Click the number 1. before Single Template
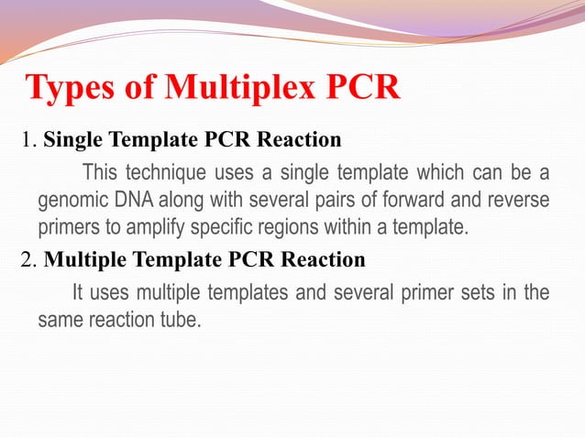[x=28, y=141]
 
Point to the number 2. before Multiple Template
[x=28, y=260]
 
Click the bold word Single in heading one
[x=74, y=141]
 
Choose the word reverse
[x=522, y=201]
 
